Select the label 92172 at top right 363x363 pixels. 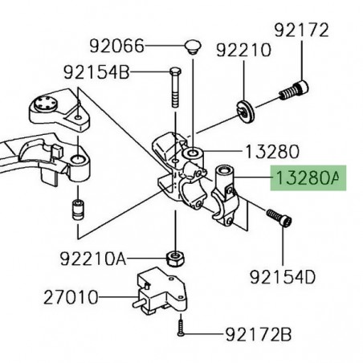pos(301,31)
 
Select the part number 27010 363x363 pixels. pos(71,297)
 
